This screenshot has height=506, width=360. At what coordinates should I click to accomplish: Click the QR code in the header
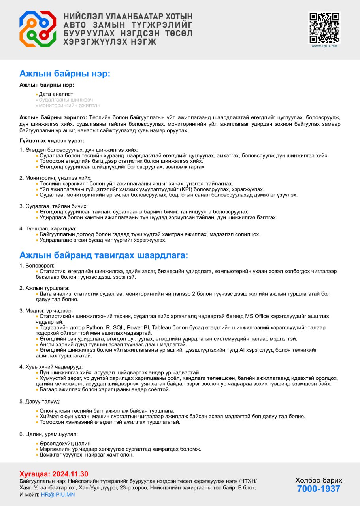coord(324,28)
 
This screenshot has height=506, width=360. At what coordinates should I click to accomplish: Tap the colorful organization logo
coord(38,29)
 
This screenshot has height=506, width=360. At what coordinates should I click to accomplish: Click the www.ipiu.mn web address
coord(324,46)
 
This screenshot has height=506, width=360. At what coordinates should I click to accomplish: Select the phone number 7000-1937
coord(319,489)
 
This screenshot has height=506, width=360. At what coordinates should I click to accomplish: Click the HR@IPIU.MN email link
coord(58,494)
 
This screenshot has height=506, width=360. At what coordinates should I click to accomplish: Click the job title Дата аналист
coord(56,94)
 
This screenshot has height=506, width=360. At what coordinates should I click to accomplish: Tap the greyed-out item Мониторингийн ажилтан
coord(69,106)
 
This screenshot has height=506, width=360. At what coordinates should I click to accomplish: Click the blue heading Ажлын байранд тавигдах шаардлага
coord(104,255)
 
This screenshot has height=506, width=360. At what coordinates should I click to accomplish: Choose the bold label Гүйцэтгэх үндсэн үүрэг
coord(52,140)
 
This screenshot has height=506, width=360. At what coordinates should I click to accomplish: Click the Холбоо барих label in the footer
coord(319,480)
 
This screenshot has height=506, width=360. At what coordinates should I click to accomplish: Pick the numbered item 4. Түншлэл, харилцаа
coord(48,228)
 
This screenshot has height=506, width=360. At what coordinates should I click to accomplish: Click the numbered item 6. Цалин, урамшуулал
coord(49,434)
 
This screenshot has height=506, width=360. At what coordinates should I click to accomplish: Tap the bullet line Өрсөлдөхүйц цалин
coord(65,444)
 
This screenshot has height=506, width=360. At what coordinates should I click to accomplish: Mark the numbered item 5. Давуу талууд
coord(40,401)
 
